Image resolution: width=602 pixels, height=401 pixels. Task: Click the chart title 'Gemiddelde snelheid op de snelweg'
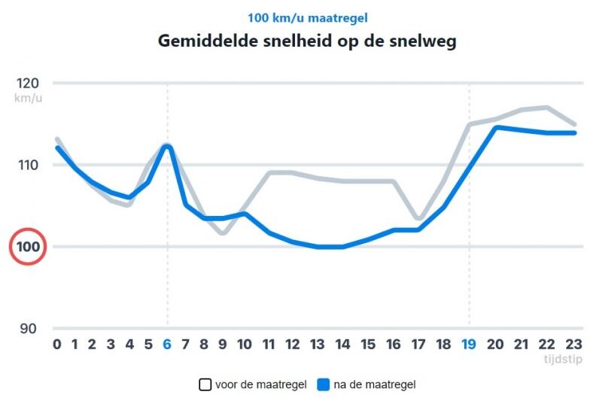click(x=307, y=41)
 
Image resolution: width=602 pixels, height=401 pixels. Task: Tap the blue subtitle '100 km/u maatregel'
click(x=307, y=17)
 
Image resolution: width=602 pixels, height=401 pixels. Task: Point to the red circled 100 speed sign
click(x=28, y=247)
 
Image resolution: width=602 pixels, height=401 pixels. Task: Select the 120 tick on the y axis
click(x=29, y=83)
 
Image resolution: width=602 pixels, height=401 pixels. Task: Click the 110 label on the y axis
click(x=29, y=165)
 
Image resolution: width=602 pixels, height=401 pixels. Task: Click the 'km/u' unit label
click(x=29, y=99)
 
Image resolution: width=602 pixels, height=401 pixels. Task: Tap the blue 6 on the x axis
click(x=167, y=345)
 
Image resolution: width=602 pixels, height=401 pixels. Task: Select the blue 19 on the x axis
click(x=470, y=345)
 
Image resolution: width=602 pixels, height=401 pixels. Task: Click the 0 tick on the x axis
click(x=57, y=345)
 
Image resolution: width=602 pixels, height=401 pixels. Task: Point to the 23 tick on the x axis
click(x=573, y=345)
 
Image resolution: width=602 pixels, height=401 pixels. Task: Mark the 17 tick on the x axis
click(x=418, y=345)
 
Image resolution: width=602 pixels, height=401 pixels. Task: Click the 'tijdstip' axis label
click(x=563, y=359)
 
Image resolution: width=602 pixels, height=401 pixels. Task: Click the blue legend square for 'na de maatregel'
click(x=324, y=384)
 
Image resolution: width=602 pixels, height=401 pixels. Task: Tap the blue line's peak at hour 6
click(x=168, y=146)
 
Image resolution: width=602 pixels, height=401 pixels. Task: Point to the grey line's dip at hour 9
click(x=223, y=233)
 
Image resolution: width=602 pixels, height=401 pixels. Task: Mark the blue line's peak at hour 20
click(x=496, y=127)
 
